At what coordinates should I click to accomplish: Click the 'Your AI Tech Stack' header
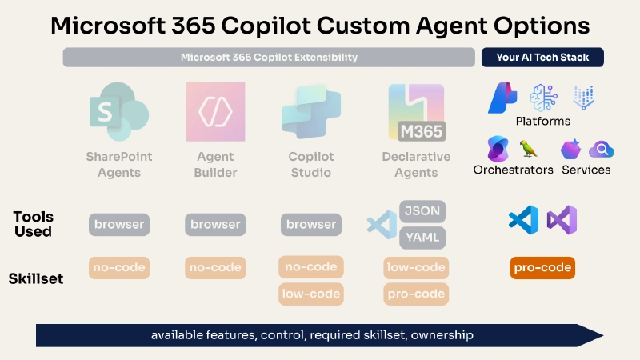tap(542, 58)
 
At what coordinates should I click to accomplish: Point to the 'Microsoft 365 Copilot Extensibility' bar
tap(269, 58)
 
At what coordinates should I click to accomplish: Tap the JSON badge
tap(422, 211)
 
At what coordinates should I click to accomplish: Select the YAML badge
tap(422, 237)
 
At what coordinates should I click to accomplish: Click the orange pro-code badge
tap(542, 267)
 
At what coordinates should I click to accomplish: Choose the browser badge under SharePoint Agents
tap(119, 225)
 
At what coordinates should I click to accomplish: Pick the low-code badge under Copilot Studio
tap(311, 294)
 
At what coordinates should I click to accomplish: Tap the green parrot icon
tap(528, 149)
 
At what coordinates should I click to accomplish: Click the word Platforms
tap(542, 121)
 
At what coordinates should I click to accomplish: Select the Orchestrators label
tap(513, 170)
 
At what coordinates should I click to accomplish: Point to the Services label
tap(586, 170)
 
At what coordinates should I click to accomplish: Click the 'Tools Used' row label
tap(33, 224)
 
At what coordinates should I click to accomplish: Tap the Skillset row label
tap(35, 279)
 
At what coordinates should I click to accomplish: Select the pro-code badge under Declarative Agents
tap(416, 294)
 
